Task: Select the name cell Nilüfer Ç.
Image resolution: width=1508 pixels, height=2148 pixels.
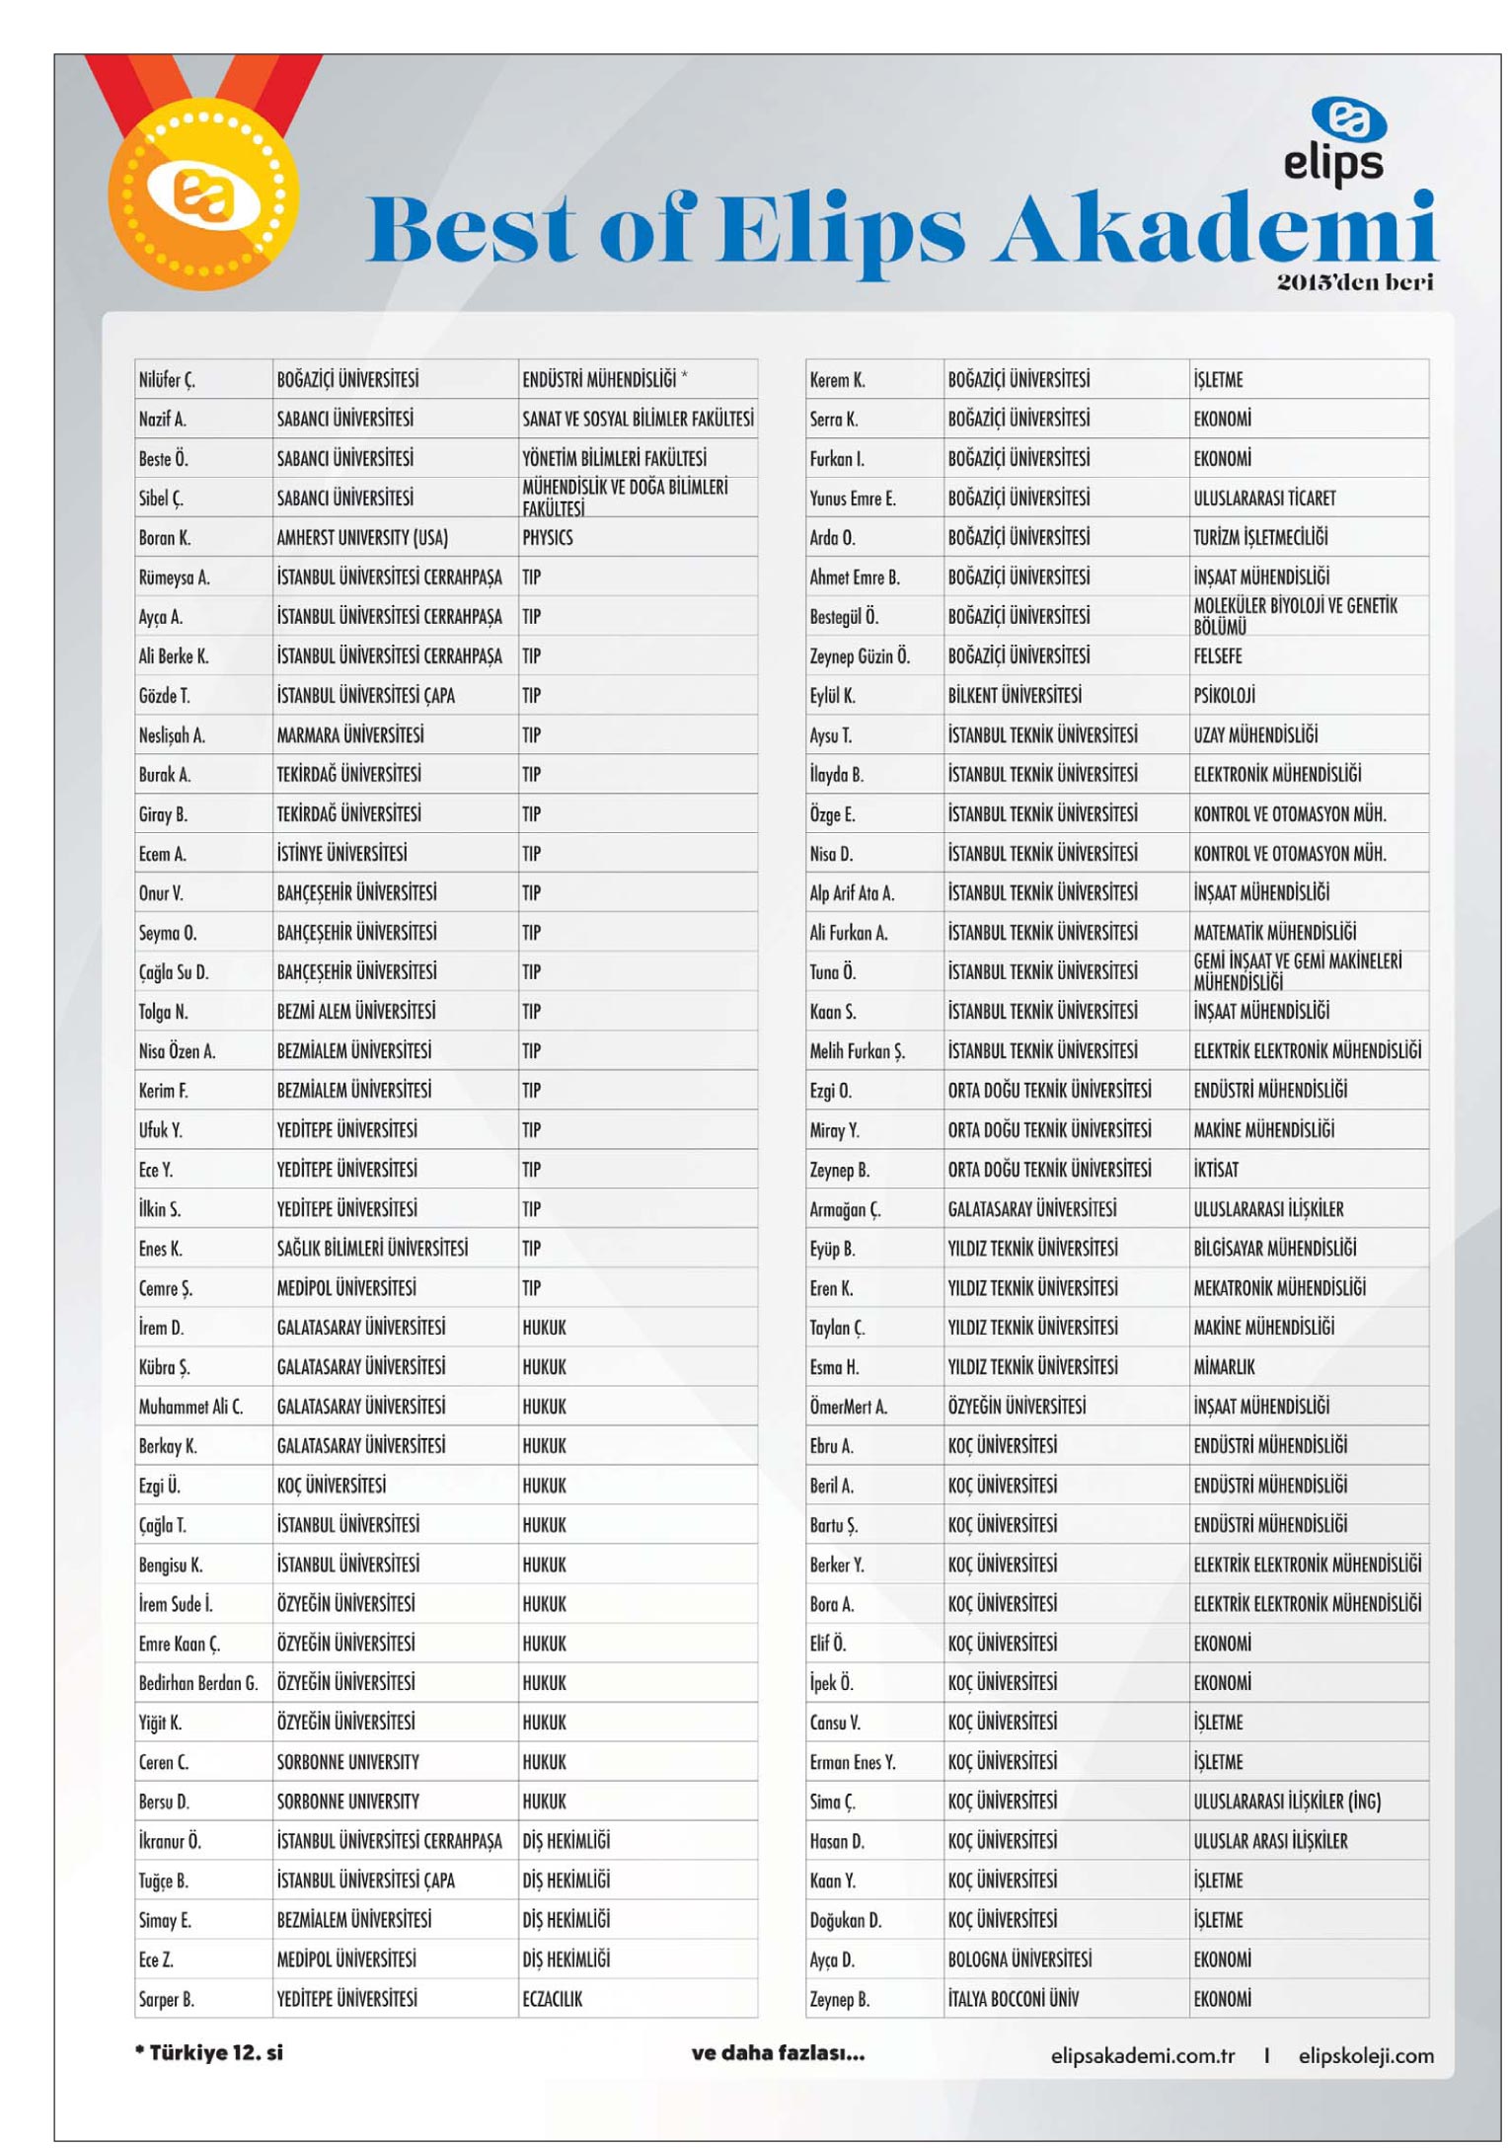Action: point(168,380)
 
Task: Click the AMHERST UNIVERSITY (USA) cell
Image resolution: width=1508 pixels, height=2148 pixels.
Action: point(362,538)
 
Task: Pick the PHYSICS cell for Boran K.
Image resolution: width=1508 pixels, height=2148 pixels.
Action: point(548,538)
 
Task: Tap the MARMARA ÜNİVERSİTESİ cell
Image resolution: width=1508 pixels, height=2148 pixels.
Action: point(350,735)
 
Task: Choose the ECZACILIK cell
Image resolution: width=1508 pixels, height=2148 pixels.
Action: point(553,1999)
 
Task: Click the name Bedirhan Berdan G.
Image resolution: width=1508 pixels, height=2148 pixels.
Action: point(198,1683)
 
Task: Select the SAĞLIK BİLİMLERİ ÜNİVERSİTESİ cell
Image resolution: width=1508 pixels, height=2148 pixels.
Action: point(372,1249)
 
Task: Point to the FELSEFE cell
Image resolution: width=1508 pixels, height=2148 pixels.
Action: point(1218,656)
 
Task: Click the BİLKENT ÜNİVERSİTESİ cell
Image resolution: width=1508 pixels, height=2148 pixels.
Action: point(1015,696)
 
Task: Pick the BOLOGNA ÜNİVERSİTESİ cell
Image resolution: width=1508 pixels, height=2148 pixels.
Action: point(1019,1959)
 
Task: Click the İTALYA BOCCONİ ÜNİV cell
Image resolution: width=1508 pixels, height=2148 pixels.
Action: point(1014,1999)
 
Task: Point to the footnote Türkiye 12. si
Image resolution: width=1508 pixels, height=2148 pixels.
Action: point(209,2052)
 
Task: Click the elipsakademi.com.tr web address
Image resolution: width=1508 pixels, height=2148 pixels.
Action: point(1142,2055)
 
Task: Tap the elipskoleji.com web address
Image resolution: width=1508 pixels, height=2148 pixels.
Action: point(1366,2055)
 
